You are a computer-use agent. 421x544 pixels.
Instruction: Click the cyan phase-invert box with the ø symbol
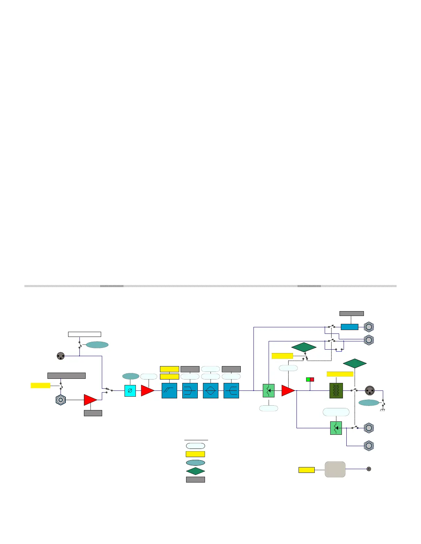tap(130, 391)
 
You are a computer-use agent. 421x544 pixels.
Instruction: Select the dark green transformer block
tap(336, 391)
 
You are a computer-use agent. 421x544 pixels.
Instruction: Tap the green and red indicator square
tap(310, 379)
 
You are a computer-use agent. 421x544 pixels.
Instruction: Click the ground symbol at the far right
tap(382, 409)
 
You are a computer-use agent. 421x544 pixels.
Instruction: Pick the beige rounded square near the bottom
tap(335, 469)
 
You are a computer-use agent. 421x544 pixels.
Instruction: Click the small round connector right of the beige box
tap(369, 469)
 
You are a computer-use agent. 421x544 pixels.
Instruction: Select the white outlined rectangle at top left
tap(84, 334)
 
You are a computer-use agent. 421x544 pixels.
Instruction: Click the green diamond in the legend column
tap(195, 471)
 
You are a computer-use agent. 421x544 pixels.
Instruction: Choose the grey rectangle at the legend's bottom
tap(195, 479)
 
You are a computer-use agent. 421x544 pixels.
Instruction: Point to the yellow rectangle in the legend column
tap(195, 454)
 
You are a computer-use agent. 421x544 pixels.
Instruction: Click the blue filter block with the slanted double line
tap(169, 391)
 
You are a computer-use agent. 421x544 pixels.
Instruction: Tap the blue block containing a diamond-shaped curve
tap(210, 391)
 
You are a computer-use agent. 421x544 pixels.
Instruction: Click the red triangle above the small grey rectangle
tap(90, 400)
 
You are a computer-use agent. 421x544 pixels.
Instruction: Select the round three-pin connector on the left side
tap(61, 356)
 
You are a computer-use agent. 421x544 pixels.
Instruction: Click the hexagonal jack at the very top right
tap(369, 327)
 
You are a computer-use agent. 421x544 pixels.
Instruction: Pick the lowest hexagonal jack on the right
tap(369, 446)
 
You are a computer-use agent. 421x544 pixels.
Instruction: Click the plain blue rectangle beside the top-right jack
tap(349, 327)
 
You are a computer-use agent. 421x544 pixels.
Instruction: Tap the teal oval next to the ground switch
tap(369, 403)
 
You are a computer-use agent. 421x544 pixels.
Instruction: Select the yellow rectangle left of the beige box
tap(306, 470)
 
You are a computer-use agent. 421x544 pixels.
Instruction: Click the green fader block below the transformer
tap(336, 428)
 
